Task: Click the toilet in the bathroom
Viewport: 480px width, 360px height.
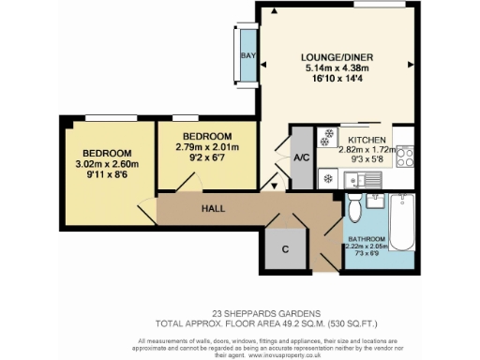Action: (353, 206)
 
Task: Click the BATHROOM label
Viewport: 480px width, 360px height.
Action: (373, 238)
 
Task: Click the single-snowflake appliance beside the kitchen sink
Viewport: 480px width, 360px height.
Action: (329, 176)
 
